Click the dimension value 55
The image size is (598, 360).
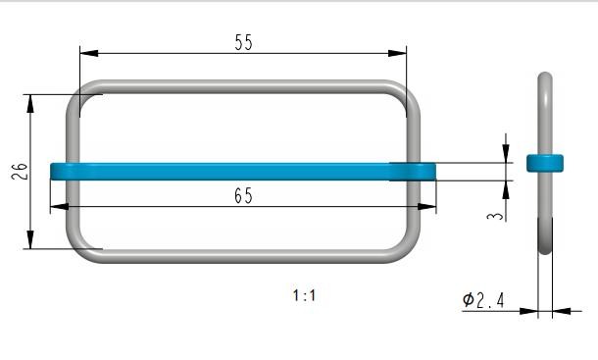pos(243,42)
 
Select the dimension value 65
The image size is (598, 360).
pos(243,196)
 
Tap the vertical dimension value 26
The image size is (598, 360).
pos(20,172)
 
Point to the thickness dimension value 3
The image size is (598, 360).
pos(495,216)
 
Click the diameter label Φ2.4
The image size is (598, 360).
pos(483,300)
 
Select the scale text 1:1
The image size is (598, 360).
pos(304,295)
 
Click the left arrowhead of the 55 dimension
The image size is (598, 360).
pos(89,53)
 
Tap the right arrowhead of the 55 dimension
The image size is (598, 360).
pos(397,53)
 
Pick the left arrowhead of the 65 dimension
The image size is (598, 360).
pos(60,207)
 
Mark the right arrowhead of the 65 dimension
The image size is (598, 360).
pos(426,207)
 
